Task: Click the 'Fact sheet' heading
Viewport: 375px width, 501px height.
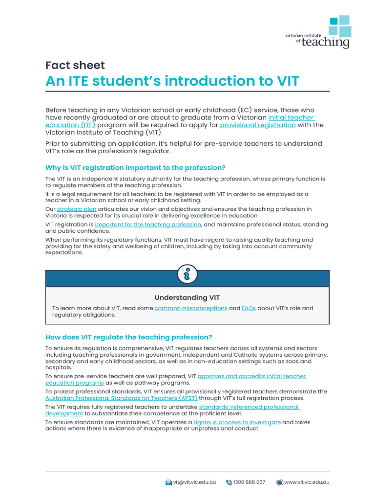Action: tap(75, 65)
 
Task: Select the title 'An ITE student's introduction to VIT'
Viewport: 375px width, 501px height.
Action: tap(172, 81)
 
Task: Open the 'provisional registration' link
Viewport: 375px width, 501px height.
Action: tap(257, 125)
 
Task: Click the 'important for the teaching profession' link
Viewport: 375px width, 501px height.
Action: tap(148, 225)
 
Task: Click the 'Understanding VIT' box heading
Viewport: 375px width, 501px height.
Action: tap(187, 297)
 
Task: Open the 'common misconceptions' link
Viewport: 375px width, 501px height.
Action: tap(191, 308)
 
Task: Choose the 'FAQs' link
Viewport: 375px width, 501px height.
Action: tap(249, 308)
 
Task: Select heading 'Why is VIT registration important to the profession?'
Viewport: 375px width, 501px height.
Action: tap(135, 168)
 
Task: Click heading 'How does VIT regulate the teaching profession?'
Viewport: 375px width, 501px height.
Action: tap(128, 337)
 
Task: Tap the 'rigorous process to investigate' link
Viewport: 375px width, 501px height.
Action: tap(237, 422)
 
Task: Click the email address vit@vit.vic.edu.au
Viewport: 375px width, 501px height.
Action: tap(194, 482)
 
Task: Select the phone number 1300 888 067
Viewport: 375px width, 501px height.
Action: tap(249, 482)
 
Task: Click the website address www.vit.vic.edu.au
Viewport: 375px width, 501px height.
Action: tap(307, 482)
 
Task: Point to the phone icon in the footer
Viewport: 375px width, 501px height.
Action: tap(229, 482)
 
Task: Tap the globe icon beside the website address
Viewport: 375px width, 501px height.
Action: tap(279, 482)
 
